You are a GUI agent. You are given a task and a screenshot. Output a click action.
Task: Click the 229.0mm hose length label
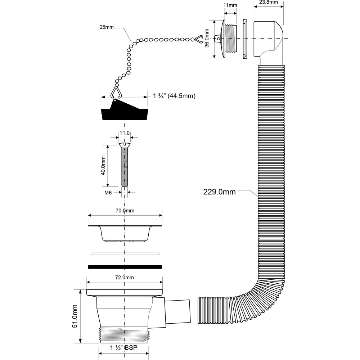pyautogui.click(x=219, y=192)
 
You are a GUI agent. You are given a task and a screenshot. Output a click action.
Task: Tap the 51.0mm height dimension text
pyautogui.click(x=75, y=316)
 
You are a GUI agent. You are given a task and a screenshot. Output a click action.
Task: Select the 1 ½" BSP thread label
pyautogui.click(x=123, y=348)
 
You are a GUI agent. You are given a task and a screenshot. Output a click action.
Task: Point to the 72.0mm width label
pyautogui.click(x=125, y=277)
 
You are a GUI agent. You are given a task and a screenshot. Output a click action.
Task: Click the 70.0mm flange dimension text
pyautogui.click(x=125, y=211)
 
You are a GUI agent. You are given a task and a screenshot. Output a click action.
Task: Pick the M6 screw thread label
pyautogui.click(x=108, y=193)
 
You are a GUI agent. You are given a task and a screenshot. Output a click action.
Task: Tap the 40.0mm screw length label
pyautogui.click(x=103, y=166)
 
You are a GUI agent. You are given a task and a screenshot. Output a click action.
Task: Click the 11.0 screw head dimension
pyautogui.click(x=125, y=133)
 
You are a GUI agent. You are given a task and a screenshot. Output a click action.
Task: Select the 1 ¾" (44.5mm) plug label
pyautogui.click(x=174, y=96)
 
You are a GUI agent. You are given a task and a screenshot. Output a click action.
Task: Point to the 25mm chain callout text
pyautogui.click(x=107, y=27)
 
